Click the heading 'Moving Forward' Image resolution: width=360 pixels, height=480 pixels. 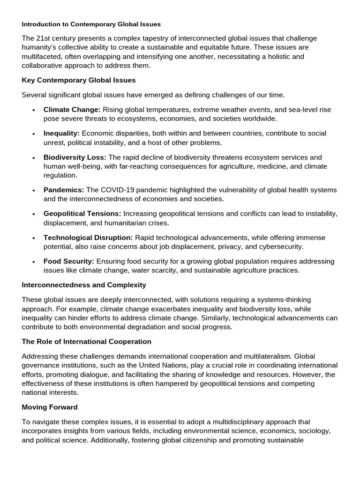pos(50,407)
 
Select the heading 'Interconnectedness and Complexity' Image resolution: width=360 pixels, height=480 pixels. pos(84,285)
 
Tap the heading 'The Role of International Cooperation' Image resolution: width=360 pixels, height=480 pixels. pos(87,341)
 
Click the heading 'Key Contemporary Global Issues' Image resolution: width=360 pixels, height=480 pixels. pos(79,80)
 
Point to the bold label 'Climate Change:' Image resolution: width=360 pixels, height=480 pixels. pos(72,110)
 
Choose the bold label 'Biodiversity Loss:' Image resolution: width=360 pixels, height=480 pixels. pos(75,157)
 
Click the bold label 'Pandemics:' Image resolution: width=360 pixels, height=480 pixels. pos(64,190)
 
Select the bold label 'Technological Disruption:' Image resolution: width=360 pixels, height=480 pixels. pos(88,238)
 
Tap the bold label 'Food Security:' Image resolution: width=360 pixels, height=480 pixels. pos(69,261)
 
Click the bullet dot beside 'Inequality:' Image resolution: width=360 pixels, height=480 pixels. pos(33,134)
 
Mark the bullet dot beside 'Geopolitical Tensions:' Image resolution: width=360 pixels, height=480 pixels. pos(33,214)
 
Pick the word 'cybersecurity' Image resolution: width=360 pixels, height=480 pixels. pos(281,247)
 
